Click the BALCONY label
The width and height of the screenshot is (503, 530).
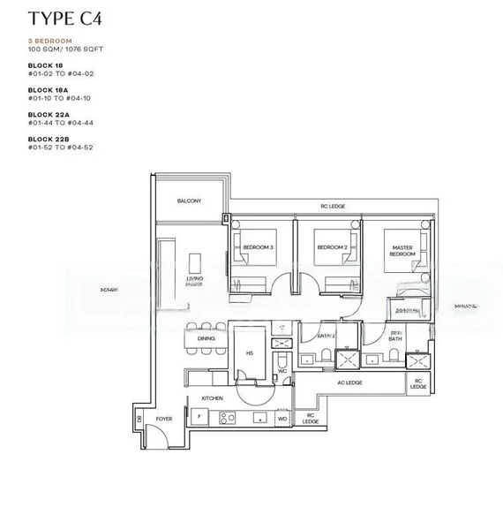click(189, 201)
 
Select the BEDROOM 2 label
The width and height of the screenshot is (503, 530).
click(329, 246)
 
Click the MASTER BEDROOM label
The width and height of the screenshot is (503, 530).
click(402, 250)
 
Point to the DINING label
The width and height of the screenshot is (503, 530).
click(206, 338)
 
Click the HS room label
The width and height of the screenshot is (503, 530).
click(249, 351)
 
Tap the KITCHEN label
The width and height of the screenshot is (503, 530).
click(212, 398)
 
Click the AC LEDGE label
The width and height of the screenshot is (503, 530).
click(349, 383)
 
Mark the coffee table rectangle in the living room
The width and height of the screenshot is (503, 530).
click(195, 263)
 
